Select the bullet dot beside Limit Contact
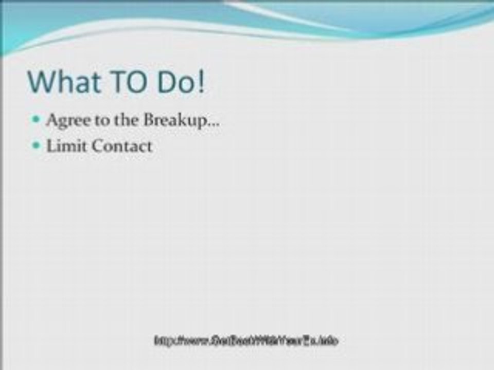[36, 145]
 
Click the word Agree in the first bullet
[66, 121]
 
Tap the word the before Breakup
[124, 121]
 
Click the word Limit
[66, 146]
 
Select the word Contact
[122, 146]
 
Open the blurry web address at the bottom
[246, 340]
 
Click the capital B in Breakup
[149, 120]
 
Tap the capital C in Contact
[97, 146]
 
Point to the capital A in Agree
[51, 120]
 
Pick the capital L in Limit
[51, 146]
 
